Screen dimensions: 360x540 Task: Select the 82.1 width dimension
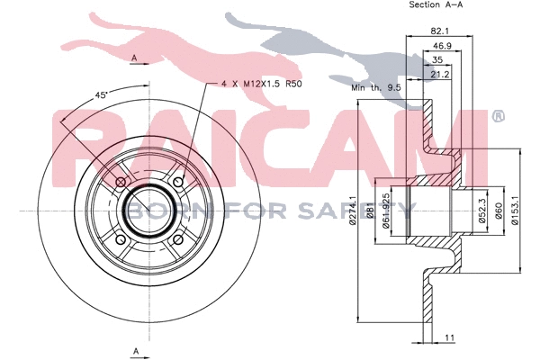click(440, 30)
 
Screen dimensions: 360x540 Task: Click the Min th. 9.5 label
click(375, 90)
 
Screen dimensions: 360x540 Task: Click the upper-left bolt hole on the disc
click(121, 184)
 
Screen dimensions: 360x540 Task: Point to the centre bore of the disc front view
click(149, 211)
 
